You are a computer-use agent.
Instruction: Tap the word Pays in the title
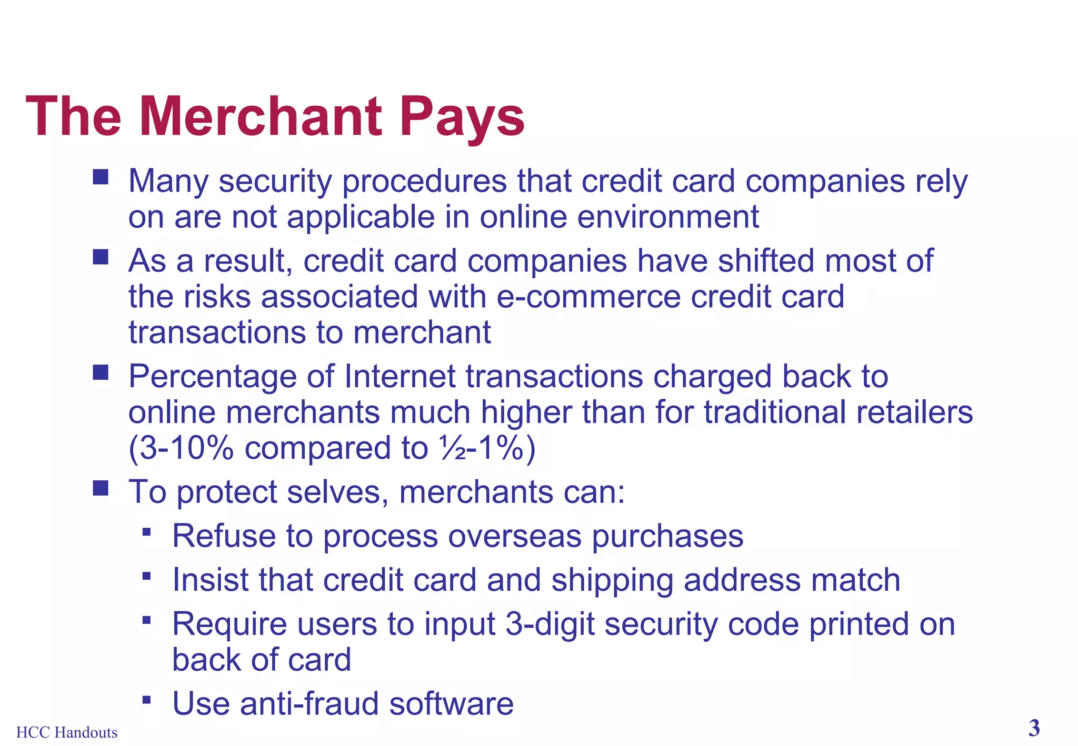[x=462, y=118]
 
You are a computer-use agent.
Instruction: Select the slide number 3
[x=1034, y=729]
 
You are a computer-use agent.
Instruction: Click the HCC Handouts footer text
[x=67, y=732]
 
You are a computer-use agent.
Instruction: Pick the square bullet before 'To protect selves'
[x=100, y=488]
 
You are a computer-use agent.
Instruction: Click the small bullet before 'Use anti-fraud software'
[x=147, y=700]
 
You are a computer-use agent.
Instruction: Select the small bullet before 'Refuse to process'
[x=147, y=532]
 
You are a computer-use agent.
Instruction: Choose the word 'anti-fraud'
[x=309, y=703]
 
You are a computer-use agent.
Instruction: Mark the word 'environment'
[x=668, y=217]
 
